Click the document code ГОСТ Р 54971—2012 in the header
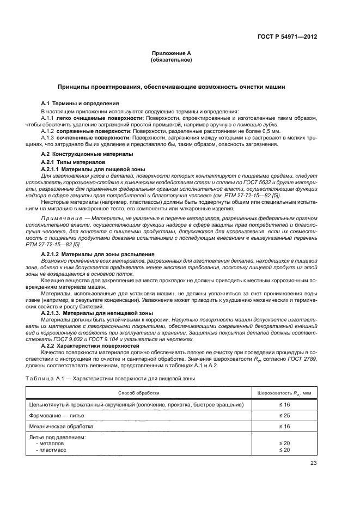[288, 37]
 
